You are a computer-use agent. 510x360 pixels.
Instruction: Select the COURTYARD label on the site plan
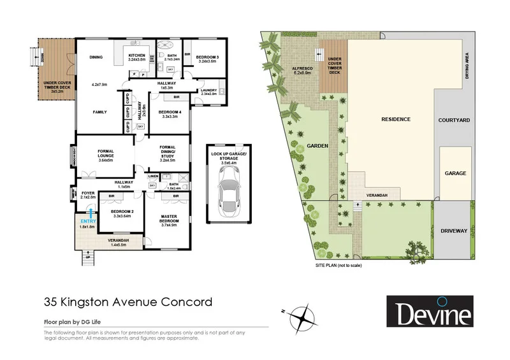[455, 120]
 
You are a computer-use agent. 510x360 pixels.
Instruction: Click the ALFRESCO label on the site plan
[300, 68]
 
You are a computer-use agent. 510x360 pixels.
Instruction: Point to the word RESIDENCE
[395, 119]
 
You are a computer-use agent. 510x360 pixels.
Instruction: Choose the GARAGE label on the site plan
[455, 173]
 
